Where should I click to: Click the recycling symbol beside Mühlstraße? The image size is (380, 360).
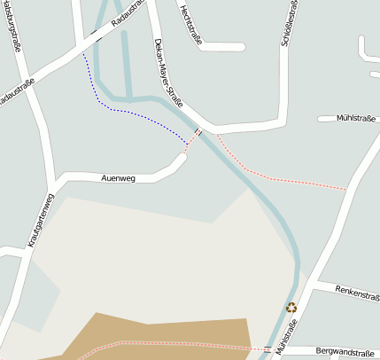tap(291, 308)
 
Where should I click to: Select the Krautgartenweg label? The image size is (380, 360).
tap(41, 219)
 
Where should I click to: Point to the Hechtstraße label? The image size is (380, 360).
tap(187, 21)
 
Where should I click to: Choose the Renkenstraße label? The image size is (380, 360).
tap(358, 293)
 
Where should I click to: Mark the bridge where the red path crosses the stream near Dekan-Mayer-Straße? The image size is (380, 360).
tap(197, 134)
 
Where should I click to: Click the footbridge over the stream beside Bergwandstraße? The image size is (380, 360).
tap(267, 348)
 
